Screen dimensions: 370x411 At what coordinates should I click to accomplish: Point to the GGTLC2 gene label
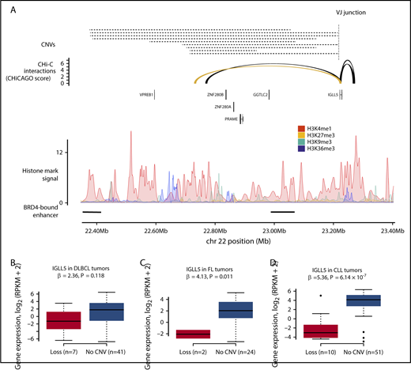[x=262, y=93]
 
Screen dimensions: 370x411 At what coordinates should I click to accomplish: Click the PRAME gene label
[x=231, y=118]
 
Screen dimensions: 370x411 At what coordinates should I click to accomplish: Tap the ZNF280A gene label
[x=224, y=106]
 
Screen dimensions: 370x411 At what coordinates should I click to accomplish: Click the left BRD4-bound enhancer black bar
[x=92, y=212]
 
